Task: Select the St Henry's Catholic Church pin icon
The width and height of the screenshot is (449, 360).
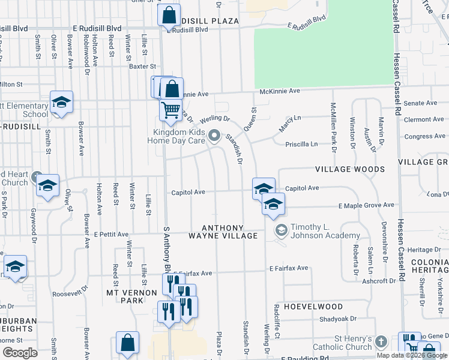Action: pos(381,341)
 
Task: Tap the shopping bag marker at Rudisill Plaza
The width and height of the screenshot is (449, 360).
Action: pos(169,14)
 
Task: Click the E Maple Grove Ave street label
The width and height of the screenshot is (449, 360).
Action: pos(366,205)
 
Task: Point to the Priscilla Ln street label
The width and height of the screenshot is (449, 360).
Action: pos(301,144)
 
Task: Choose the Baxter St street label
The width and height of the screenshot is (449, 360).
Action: pos(143,67)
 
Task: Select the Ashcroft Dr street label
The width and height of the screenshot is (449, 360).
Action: pos(380,280)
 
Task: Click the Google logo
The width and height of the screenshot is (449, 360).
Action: pos(20,353)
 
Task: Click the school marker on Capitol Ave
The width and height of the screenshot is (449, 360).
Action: pos(264,188)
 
